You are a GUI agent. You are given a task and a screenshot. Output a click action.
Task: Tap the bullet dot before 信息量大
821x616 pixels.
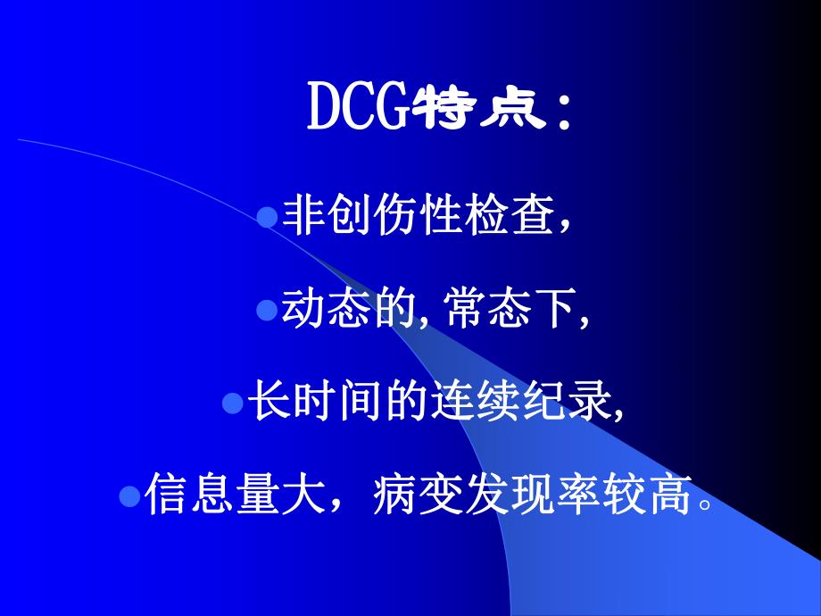click(x=129, y=495)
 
